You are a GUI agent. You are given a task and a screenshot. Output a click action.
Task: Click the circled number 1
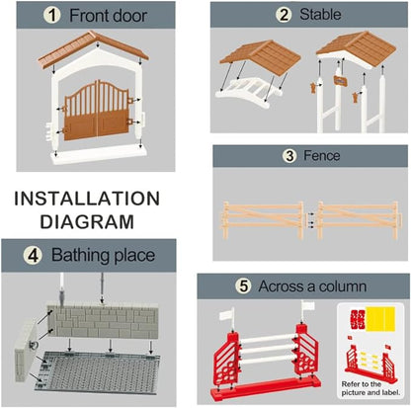pyautogui.click(x=52, y=15)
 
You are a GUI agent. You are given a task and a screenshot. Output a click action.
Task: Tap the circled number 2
pyautogui.click(x=284, y=15)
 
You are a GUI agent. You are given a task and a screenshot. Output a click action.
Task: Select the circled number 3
pyautogui.click(x=289, y=156)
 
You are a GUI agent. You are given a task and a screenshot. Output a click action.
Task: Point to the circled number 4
pyautogui.click(x=33, y=256)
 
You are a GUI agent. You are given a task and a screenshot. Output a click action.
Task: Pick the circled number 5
pyautogui.click(x=244, y=286)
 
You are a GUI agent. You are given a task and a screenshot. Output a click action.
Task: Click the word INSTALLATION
pyautogui.click(x=87, y=199)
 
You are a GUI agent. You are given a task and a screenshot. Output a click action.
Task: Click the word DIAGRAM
pyautogui.click(x=87, y=221)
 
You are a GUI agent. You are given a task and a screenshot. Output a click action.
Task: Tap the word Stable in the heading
pyautogui.click(x=320, y=15)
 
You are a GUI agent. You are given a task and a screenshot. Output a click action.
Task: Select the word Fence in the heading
pyautogui.click(x=321, y=155)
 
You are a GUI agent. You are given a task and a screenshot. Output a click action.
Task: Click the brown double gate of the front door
pyautogui.click(x=97, y=111)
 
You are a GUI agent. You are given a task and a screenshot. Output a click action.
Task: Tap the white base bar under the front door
pyautogui.click(x=99, y=155)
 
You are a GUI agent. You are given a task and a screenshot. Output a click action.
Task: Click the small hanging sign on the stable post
pyautogui.click(x=339, y=81)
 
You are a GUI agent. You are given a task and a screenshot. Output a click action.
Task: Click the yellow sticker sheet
pyautogui.click(x=380, y=318)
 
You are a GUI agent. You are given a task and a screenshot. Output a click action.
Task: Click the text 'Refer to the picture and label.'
pyautogui.click(x=370, y=388)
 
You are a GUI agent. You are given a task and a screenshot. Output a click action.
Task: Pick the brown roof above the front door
pyautogui.click(x=93, y=48)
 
